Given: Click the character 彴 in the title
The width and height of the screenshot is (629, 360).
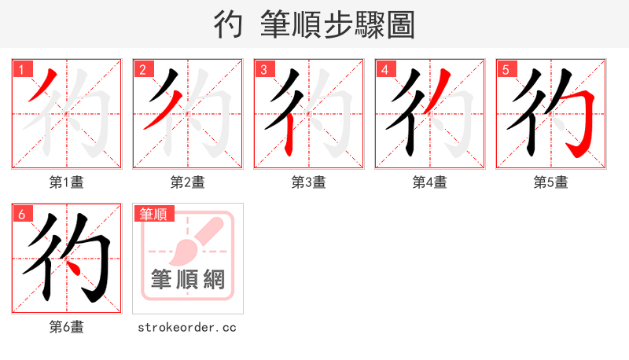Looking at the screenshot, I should point(227,24).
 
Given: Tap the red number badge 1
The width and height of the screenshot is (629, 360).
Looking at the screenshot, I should point(21,69).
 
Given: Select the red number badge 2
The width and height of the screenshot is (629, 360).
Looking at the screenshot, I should point(142,69).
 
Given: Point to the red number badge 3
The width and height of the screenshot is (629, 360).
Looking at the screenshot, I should point(263,69).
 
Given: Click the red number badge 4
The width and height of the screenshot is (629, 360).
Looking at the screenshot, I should point(384,69).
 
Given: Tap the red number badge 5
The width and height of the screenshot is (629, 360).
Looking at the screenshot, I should point(506,69).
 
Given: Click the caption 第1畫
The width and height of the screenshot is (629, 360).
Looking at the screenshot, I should point(67,182).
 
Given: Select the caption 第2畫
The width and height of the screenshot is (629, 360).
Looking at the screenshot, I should point(188,182).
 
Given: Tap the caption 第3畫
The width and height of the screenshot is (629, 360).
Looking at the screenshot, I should point(309,182).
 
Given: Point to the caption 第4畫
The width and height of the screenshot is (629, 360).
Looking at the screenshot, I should point(430,182).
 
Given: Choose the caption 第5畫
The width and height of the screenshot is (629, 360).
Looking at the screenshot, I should point(551,182).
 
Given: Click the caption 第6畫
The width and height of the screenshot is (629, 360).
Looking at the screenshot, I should point(67,327).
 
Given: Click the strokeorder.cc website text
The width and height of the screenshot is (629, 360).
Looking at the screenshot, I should point(188,327).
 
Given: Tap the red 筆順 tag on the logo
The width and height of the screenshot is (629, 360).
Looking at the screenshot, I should point(153,214).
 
